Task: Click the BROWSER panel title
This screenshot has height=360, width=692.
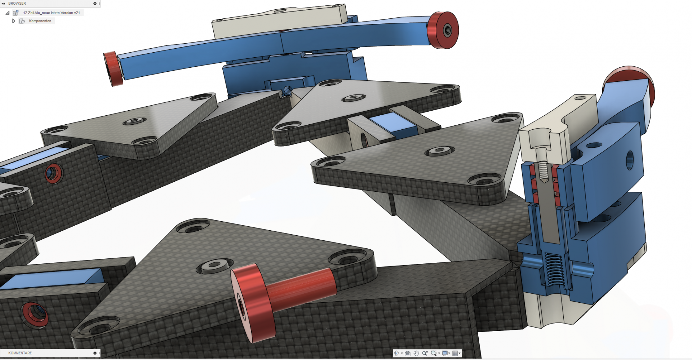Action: (x=17, y=3)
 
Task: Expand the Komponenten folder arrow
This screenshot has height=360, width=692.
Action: (x=13, y=21)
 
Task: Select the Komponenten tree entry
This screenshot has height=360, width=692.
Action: (x=40, y=21)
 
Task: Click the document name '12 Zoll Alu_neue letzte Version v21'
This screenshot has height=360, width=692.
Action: (x=52, y=13)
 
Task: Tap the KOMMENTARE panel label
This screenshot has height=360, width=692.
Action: (x=20, y=353)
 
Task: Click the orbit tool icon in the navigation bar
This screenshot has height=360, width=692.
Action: (x=397, y=353)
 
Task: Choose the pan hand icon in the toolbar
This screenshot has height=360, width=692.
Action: (x=416, y=353)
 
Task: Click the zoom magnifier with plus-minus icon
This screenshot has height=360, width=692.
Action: (x=425, y=353)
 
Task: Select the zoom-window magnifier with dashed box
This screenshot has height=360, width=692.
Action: (x=434, y=353)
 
